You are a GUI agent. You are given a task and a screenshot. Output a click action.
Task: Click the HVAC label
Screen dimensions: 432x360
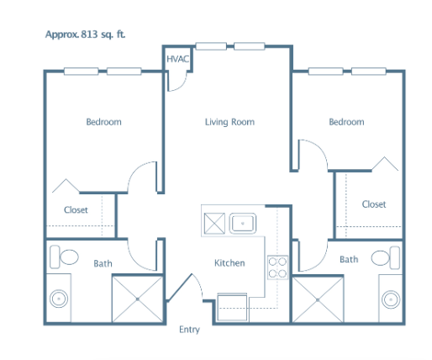178,59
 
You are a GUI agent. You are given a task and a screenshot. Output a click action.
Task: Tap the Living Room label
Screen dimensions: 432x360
229,122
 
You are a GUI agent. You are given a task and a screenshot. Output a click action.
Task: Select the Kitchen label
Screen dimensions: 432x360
229,263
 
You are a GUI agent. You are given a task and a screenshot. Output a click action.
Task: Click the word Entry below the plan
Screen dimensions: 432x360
189,330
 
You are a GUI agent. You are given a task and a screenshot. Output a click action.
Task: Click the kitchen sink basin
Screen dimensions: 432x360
243,224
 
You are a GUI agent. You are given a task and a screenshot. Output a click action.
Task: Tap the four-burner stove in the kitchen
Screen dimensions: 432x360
277,267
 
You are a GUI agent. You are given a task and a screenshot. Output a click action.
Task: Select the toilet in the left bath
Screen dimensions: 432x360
64,257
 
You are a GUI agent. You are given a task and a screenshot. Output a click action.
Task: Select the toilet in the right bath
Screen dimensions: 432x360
386,257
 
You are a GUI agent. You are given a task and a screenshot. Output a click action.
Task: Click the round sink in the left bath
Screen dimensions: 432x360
59,299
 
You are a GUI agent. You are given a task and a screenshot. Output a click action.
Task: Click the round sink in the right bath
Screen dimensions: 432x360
391,299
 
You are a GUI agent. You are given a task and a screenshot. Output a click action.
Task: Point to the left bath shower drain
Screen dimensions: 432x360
138,299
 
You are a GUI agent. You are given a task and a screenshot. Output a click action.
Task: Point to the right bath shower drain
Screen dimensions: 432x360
318,300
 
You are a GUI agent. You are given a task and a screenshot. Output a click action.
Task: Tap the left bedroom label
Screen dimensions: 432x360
103,122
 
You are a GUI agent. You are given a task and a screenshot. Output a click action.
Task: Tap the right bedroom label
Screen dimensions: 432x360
346,122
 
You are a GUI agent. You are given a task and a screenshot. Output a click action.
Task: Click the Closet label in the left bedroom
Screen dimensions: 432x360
76,209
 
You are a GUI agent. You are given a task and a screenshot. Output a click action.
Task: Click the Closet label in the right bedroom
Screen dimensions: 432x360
374,204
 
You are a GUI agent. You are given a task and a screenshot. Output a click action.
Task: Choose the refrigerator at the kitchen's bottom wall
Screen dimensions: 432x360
232,307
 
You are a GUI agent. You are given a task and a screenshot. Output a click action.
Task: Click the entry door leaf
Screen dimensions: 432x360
179,287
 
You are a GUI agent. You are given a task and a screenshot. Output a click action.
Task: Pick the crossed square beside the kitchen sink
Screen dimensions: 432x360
214,224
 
